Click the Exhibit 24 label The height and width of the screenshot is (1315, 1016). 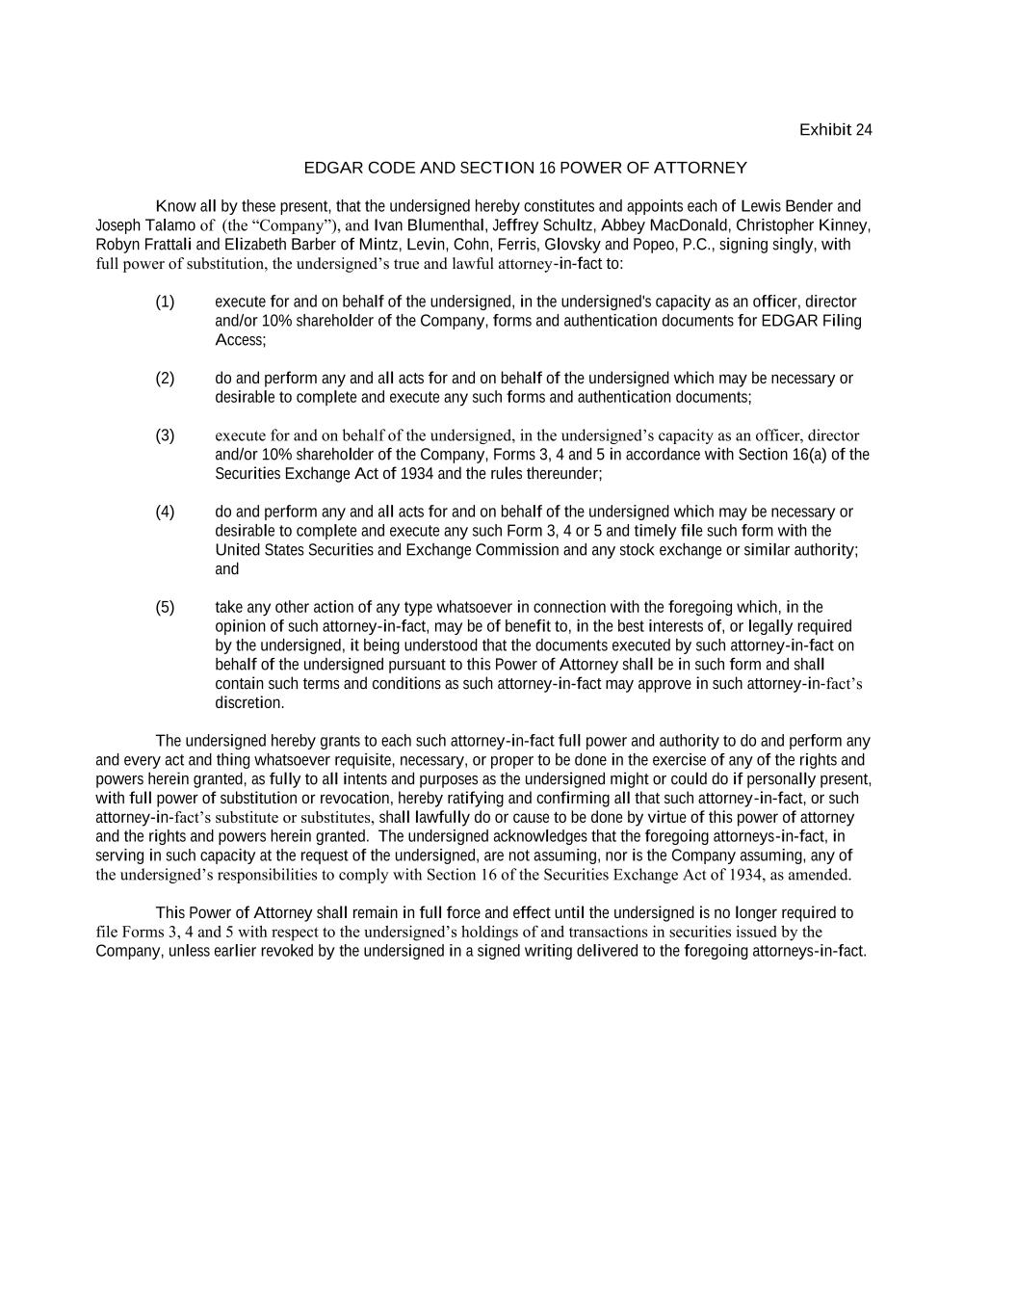(835, 130)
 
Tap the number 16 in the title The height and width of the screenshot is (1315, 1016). (547, 168)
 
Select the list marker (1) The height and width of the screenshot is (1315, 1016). (165, 302)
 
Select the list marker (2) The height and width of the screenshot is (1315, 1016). (165, 378)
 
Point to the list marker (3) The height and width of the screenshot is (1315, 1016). (165, 435)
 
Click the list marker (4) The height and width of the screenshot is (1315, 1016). (165, 512)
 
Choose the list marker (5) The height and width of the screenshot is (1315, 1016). (165, 607)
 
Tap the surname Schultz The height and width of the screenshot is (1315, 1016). (568, 225)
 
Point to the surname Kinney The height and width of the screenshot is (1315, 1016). (844, 225)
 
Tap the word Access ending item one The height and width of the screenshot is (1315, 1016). (240, 340)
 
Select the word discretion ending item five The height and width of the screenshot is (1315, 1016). (249, 703)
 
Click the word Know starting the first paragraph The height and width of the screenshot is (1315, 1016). (174, 206)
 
